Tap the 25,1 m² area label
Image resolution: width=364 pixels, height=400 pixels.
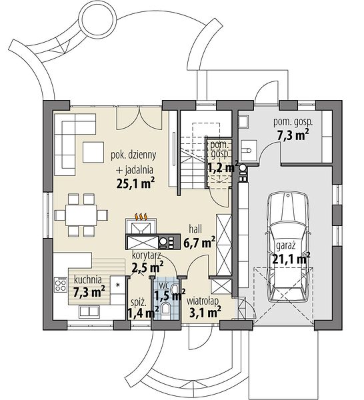coord(135,183)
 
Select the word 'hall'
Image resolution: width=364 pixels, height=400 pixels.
coord(195,229)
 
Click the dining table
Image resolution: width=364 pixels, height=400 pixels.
coord(81,215)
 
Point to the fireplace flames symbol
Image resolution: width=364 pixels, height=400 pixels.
coord(141,217)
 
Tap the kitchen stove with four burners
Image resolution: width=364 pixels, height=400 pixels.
coord(61,285)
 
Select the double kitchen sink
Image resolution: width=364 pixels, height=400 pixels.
coord(89,311)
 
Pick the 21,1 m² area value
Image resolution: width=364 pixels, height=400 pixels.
coord(291,259)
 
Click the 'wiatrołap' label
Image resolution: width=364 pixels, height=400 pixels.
coord(203,301)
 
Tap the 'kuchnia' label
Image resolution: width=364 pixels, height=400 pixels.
coord(87,279)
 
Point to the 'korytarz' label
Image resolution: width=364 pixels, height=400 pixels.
coord(146,255)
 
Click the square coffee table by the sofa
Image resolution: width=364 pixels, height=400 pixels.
coord(93,152)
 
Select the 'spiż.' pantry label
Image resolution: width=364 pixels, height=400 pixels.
coord(139,303)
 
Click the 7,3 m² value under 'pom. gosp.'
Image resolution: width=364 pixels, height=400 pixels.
coord(293,135)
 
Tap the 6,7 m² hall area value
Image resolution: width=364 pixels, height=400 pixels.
coord(199,242)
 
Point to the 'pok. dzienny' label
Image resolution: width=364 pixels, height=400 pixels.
coord(133,155)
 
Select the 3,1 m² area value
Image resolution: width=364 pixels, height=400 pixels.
coord(205,313)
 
